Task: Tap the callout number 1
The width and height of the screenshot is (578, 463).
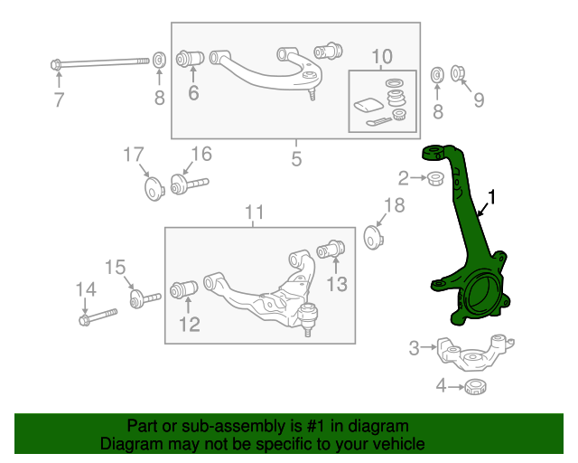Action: pyautogui.click(x=493, y=196)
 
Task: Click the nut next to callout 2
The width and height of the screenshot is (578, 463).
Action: pyautogui.click(x=434, y=178)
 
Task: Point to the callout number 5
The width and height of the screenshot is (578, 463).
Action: pyautogui.click(x=295, y=161)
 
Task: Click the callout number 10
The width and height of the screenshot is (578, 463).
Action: pyautogui.click(x=382, y=57)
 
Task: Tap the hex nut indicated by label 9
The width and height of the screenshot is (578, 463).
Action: pyautogui.click(x=458, y=73)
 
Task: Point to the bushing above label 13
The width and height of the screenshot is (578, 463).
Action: pyautogui.click(x=336, y=246)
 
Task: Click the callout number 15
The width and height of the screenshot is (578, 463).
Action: pyautogui.click(x=115, y=267)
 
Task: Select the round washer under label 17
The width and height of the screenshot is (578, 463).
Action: pyautogui.click(x=152, y=189)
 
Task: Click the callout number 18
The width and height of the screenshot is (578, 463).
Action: pyautogui.click(x=395, y=205)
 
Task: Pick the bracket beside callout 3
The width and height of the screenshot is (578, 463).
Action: pyautogui.click(x=475, y=353)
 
